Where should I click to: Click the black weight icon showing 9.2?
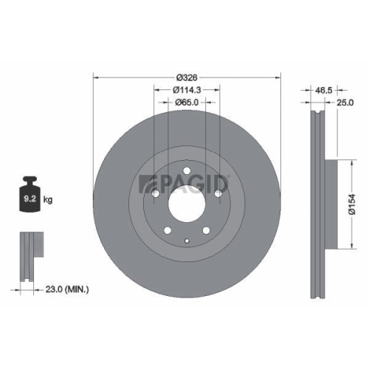(30, 196)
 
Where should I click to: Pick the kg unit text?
(49, 200)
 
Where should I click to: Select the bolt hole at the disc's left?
(155, 193)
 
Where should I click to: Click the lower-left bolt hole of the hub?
(168, 230)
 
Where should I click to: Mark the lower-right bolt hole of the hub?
(207, 230)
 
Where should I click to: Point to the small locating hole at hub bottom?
(187, 240)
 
